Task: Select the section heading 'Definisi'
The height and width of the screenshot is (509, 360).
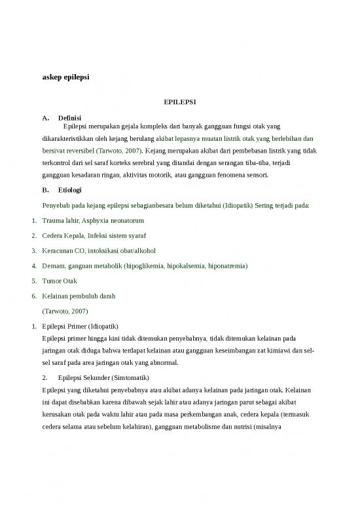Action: (69, 118)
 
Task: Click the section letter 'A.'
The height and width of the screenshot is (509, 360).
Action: (45, 118)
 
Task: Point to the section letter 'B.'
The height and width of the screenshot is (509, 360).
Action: (45, 191)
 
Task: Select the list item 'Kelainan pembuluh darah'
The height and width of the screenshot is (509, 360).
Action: (79, 296)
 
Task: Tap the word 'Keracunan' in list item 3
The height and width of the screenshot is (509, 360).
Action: (59, 251)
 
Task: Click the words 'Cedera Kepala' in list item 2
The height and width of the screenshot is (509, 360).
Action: (64, 236)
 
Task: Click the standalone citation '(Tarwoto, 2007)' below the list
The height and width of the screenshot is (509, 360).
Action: (64, 311)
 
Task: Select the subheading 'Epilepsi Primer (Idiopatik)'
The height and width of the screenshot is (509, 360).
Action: (81, 326)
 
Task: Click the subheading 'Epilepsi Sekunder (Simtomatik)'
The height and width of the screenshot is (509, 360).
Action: (103, 377)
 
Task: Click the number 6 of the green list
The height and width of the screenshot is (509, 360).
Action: (33, 296)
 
